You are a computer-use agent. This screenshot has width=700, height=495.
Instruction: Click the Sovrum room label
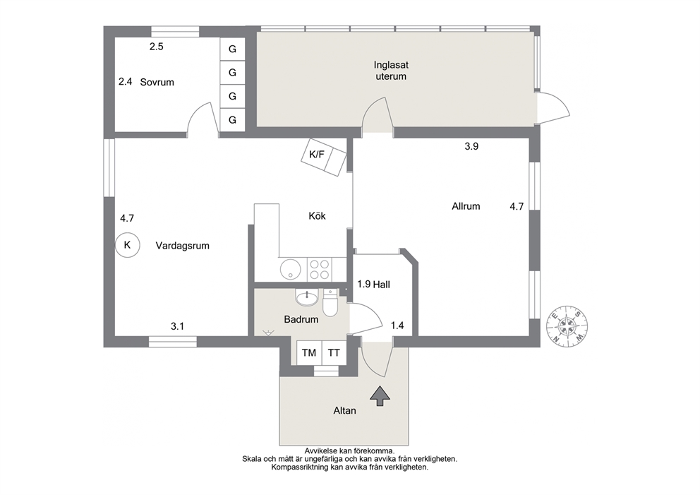[x=157, y=82]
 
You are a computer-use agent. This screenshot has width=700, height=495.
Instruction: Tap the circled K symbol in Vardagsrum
[x=127, y=245]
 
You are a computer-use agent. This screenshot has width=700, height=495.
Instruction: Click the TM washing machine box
[x=309, y=352]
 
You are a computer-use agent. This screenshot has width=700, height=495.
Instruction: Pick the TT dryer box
[x=334, y=352]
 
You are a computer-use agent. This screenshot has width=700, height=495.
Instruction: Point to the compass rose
[x=567, y=326]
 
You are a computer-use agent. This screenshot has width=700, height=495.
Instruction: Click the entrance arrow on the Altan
[x=380, y=396]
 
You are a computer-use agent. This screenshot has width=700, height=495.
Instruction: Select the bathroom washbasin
[x=307, y=297]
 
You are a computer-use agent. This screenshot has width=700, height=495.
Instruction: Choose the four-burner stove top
[x=320, y=270]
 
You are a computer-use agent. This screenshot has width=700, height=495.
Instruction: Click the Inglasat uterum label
[x=391, y=71]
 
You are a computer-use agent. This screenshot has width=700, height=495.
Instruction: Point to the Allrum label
[x=466, y=206]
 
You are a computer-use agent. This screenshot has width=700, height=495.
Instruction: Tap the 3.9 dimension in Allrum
[x=471, y=146]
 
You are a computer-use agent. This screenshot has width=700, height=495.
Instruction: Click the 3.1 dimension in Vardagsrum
[x=177, y=326]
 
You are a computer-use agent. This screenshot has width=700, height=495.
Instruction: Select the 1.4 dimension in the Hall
[x=397, y=326]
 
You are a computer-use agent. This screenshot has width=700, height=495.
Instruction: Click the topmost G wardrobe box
[x=232, y=49]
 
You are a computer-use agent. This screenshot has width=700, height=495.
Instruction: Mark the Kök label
[x=317, y=216]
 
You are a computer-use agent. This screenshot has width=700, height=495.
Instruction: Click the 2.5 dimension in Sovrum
[x=156, y=47]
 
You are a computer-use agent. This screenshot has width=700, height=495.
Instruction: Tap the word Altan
[x=344, y=410]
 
